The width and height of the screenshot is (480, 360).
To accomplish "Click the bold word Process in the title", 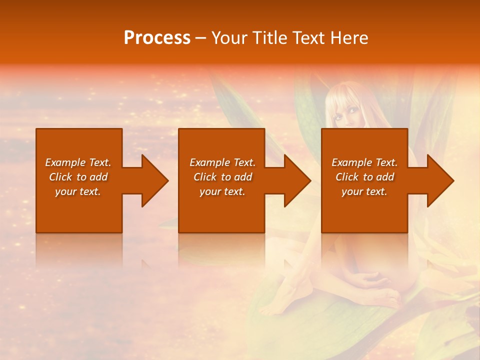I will [x=157, y=38].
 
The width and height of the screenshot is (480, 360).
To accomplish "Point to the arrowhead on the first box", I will [x=153, y=180].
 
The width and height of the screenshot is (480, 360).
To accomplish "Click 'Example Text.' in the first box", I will [x=78, y=162].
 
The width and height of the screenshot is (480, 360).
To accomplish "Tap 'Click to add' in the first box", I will [x=78, y=177].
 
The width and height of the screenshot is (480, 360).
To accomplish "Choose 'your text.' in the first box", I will [x=78, y=191].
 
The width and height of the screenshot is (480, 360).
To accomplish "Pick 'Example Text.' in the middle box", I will [x=222, y=162].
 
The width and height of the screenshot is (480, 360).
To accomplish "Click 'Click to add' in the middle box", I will [x=222, y=177].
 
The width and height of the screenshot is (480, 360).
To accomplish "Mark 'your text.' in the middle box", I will [x=222, y=191].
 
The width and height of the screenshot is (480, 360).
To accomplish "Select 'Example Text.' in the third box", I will [x=364, y=162].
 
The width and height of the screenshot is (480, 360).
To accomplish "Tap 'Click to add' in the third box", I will [x=364, y=177].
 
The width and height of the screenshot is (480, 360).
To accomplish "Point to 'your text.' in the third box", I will [x=364, y=191].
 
